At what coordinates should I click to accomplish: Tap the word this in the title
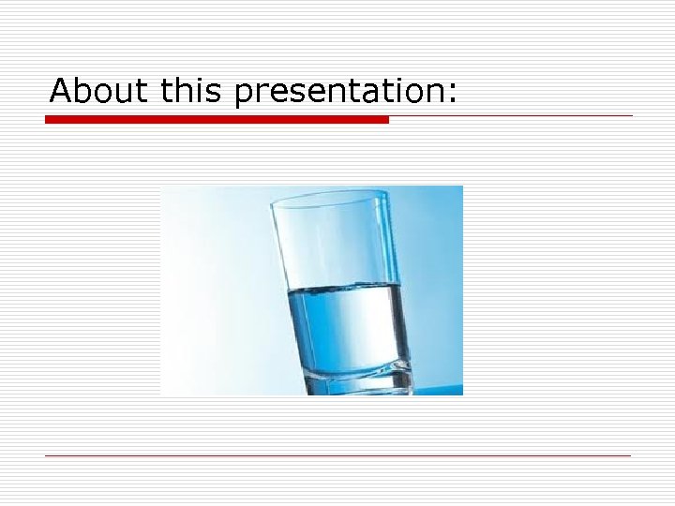[x=193, y=91]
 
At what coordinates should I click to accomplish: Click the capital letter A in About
[x=61, y=91]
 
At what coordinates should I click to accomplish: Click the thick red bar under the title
[x=216, y=120]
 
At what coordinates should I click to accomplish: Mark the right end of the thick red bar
[x=386, y=120]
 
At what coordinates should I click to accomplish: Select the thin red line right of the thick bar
[x=511, y=116]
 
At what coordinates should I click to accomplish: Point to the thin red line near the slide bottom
[x=337, y=455]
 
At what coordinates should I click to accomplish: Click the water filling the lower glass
[x=349, y=323]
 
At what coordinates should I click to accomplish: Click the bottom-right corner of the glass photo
[x=462, y=394]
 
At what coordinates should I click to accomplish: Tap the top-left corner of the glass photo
[x=162, y=187]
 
